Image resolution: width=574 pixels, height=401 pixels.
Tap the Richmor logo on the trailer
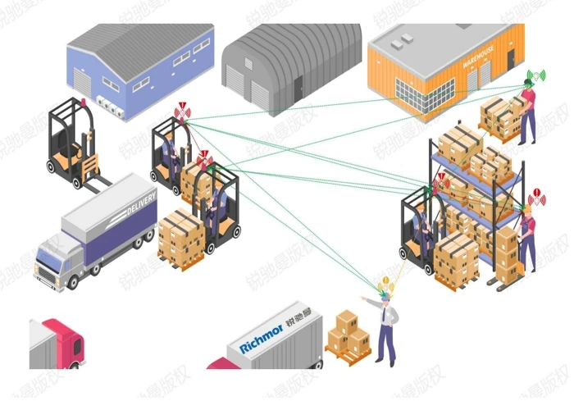262,339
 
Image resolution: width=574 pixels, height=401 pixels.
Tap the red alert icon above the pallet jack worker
536,197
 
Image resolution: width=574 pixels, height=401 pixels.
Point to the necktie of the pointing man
387,316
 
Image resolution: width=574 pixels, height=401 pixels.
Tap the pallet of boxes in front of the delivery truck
180,239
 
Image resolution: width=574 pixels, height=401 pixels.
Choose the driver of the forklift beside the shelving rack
421,221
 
